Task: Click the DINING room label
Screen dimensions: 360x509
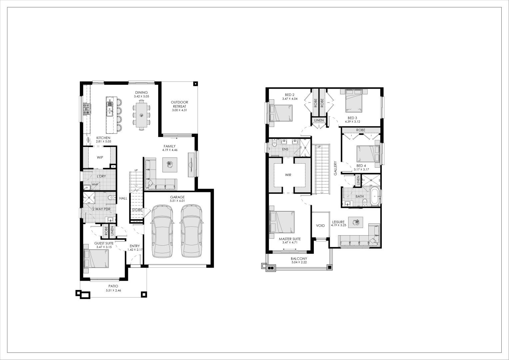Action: click(x=141, y=93)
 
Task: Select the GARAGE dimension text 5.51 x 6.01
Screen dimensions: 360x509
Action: click(x=177, y=201)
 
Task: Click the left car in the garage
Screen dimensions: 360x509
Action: click(x=162, y=231)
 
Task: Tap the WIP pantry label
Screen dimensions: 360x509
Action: click(x=100, y=158)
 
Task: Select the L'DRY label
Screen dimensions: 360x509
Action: click(x=101, y=176)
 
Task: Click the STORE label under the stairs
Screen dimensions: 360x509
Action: click(x=137, y=210)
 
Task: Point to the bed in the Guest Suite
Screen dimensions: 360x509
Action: click(x=96, y=258)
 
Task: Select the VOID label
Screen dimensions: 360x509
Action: click(x=320, y=226)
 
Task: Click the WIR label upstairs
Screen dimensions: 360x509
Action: click(x=288, y=175)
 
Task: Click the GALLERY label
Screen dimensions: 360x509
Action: click(x=335, y=168)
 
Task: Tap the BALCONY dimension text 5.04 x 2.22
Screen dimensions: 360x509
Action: click(x=299, y=263)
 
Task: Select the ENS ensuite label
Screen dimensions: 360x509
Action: click(x=285, y=149)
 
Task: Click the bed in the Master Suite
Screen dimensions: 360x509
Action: click(x=282, y=222)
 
